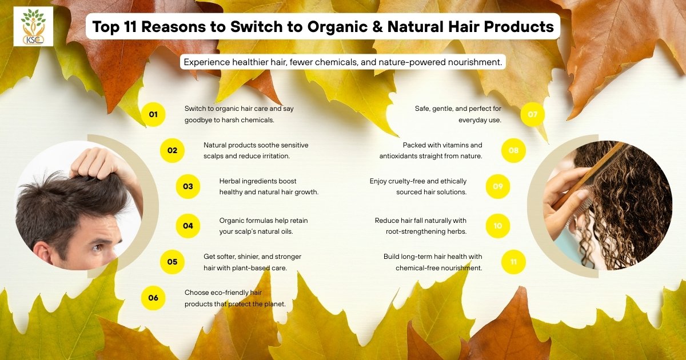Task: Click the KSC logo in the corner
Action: (34, 26)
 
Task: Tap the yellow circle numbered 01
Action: (153, 115)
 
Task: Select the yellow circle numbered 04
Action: (188, 226)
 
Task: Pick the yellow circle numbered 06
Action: (153, 298)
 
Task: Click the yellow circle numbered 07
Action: (533, 115)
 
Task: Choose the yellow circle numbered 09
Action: (498, 186)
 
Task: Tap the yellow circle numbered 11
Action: (513, 262)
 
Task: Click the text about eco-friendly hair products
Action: (234, 298)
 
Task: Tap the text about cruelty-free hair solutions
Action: (418, 186)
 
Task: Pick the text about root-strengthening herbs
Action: (421, 226)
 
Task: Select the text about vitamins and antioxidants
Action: (430, 150)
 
